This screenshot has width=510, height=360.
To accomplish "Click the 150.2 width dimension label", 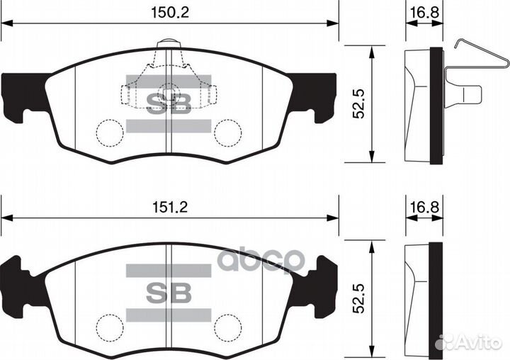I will (x=169, y=12).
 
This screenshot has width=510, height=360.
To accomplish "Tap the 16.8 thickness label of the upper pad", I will (x=424, y=12).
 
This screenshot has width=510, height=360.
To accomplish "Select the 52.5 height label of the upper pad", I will (x=359, y=103).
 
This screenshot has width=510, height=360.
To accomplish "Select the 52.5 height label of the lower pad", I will (x=359, y=297).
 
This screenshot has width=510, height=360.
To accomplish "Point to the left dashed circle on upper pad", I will (x=109, y=133).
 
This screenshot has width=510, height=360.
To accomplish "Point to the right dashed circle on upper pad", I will (x=228, y=133).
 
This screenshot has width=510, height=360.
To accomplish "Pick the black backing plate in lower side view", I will (x=436, y=298).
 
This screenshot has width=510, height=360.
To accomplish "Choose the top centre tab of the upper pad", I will (x=169, y=43).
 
